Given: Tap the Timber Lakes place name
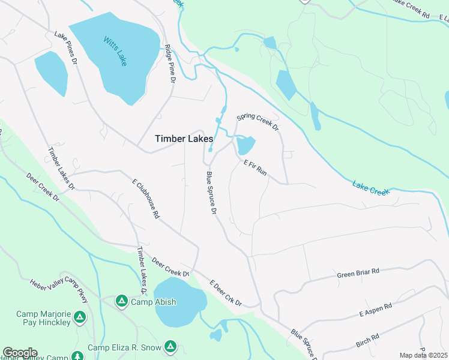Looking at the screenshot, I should [x=184, y=139].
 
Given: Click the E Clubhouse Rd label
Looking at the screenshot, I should [x=146, y=197].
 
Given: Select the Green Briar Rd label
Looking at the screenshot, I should [x=358, y=271].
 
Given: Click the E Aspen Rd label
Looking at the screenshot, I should [x=375, y=310].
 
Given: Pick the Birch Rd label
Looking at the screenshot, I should [x=368, y=340].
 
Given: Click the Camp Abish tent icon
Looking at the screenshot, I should [x=121, y=301].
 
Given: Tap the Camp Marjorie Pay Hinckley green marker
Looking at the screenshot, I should [x=80, y=316].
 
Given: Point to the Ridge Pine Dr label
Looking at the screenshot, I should [x=170, y=63].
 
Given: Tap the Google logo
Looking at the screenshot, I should [x=20, y=353].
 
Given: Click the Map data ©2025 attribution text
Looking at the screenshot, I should [x=423, y=355].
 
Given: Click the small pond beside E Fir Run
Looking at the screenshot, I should [x=246, y=145].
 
